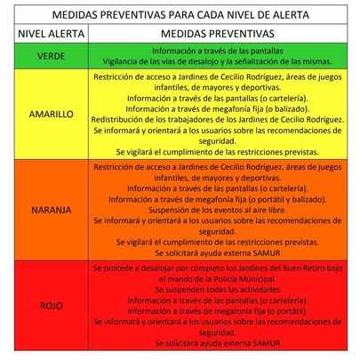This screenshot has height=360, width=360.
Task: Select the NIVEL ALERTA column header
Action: (x=45, y=35)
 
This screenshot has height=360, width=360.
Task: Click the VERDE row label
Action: (x=45, y=55)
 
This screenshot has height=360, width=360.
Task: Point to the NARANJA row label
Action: (x=45, y=211)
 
